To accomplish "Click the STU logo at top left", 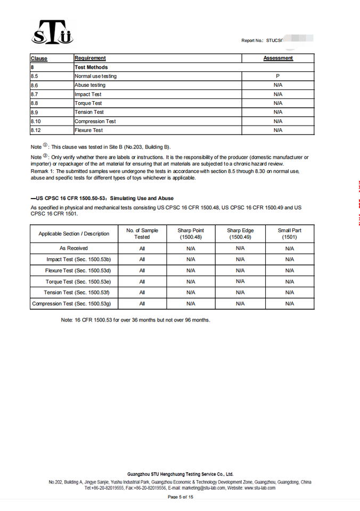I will coord(52,33).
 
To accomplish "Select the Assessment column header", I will coord(278,58).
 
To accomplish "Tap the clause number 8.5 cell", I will coord(35,76).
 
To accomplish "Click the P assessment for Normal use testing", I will coord(278,76).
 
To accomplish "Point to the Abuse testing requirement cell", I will coord(90,85).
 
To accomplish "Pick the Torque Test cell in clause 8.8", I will coord(88,103).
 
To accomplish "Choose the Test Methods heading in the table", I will coord(91,67).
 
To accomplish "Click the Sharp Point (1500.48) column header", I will coord(191,234).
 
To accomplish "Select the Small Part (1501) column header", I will coord(290,234).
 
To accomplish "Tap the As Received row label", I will coord(73,248).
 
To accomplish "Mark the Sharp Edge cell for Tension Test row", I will coord(240,292).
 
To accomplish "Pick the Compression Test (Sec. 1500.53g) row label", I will coord(75,303).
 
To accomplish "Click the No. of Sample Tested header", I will coord(142,234).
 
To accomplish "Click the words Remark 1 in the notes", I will coord(42,171).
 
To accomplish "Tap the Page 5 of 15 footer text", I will coord(180,497).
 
